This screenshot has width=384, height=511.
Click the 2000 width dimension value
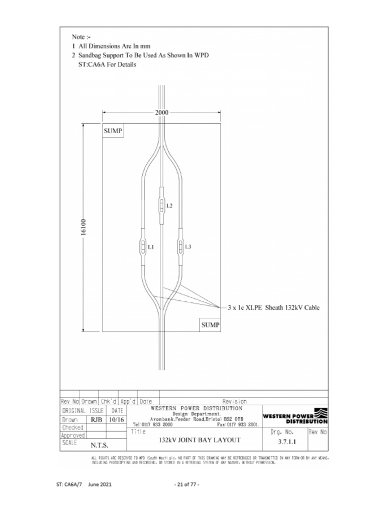point(161,113)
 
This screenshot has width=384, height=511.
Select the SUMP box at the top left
point(113,131)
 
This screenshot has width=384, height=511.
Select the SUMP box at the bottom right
point(210,325)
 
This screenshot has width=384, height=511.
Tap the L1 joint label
point(150,247)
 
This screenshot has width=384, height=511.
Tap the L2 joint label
point(169,206)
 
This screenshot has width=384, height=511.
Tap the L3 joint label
point(188,247)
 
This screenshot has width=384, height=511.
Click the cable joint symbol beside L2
point(161,204)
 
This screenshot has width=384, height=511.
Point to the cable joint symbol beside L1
point(142,246)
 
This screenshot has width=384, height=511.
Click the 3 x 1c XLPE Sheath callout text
point(273,308)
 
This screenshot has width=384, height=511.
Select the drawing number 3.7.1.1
point(283,442)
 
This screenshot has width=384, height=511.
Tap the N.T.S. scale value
point(99,445)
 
